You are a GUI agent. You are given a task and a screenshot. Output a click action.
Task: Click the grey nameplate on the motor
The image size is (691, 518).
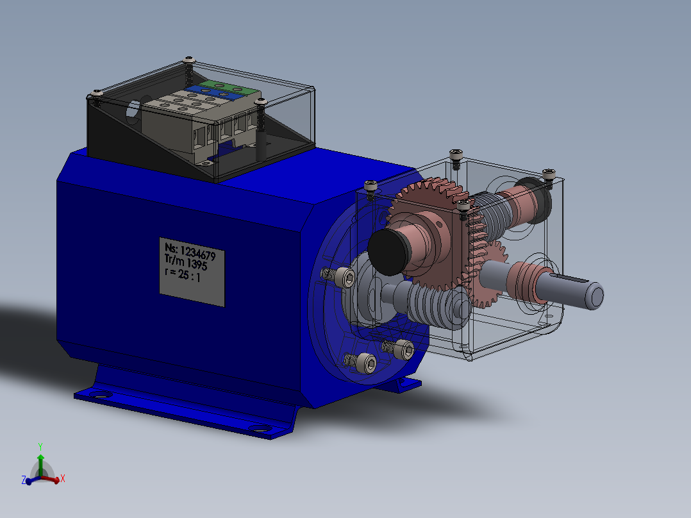coord(192,272)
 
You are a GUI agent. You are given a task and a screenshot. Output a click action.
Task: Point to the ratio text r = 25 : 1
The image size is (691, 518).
coord(183,274)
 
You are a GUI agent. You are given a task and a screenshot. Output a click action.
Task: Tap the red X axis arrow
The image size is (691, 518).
coord(52,479)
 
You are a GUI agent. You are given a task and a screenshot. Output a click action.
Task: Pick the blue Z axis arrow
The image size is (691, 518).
coord(32,480)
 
